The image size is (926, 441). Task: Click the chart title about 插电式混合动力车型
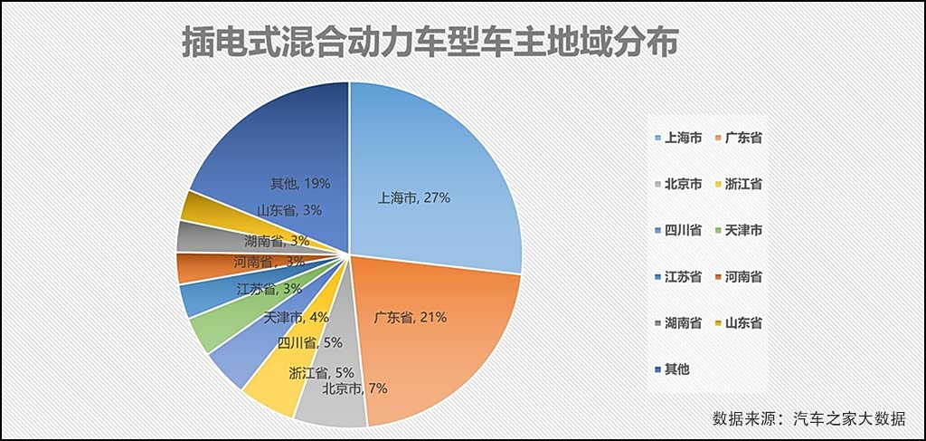[x=429, y=42]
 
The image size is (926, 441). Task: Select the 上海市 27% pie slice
[x=434, y=172]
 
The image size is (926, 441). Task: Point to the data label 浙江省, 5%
[x=320, y=372]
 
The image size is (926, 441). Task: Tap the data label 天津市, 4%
[x=296, y=317]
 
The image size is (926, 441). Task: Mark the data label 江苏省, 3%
[x=269, y=289]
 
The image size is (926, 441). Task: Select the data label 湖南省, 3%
[x=277, y=240]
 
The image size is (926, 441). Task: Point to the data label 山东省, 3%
[x=288, y=210]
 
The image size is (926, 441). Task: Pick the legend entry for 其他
[x=675, y=369]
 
